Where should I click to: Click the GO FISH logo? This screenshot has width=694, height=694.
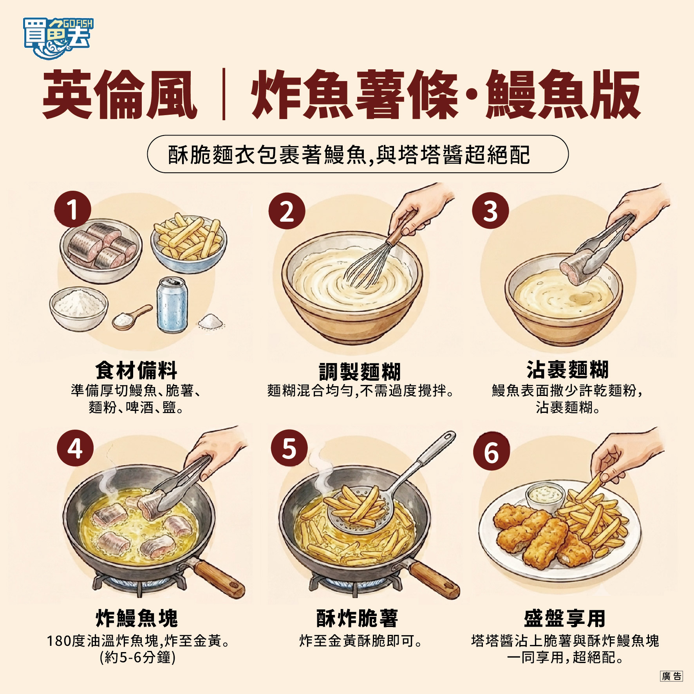click(58, 38)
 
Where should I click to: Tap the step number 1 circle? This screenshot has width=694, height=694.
click(72, 209)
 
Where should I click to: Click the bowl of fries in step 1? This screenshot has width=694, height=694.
click(189, 243)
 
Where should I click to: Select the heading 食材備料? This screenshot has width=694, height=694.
click(136, 370)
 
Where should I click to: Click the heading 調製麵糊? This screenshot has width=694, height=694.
click(360, 371)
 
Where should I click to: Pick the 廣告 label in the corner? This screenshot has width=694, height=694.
click(671, 676)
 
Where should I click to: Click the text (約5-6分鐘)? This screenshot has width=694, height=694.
click(137, 658)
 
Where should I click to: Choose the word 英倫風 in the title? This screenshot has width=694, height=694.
click(120, 94)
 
